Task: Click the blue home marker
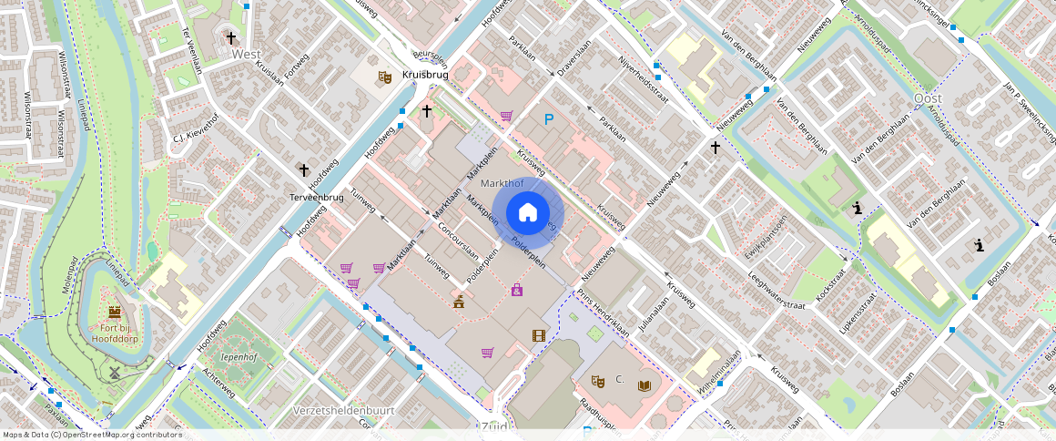click(528, 213)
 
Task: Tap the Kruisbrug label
click(426, 74)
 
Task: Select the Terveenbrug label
click(317, 197)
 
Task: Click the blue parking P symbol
click(549, 119)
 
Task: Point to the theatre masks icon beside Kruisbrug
click(385, 78)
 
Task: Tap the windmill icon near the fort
click(115, 372)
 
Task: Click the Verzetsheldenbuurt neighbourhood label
click(344, 410)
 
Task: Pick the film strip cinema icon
click(539, 335)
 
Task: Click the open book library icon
click(645, 385)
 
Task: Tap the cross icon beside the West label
click(232, 38)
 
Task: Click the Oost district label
click(927, 97)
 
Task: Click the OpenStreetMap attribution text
click(93, 435)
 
